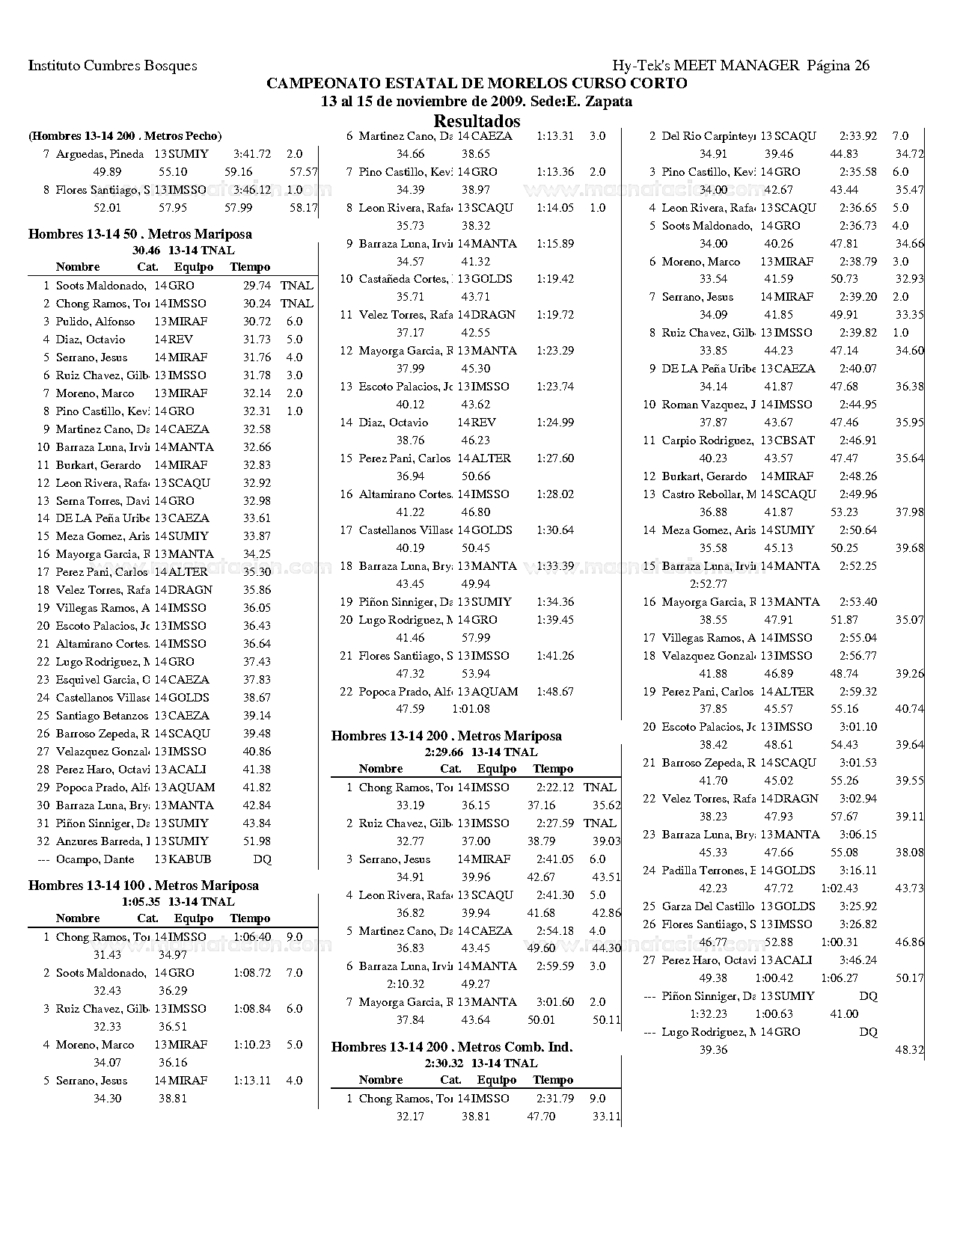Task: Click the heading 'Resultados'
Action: point(477,120)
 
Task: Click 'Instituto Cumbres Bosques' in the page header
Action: point(113,65)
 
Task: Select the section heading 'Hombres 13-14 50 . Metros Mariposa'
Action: point(140,234)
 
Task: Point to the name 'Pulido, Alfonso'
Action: point(95,322)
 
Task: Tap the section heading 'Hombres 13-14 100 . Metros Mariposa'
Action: point(143,885)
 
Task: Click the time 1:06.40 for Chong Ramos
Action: point(252,937)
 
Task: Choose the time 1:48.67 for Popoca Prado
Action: point(555,692)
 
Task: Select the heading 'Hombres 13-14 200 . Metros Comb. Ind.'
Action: point(451,1047)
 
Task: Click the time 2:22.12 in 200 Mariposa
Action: point(555,788)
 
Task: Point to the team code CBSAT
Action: point(795,441)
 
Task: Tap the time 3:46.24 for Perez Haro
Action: point(858,960)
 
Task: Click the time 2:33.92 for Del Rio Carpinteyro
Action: point(858,136)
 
